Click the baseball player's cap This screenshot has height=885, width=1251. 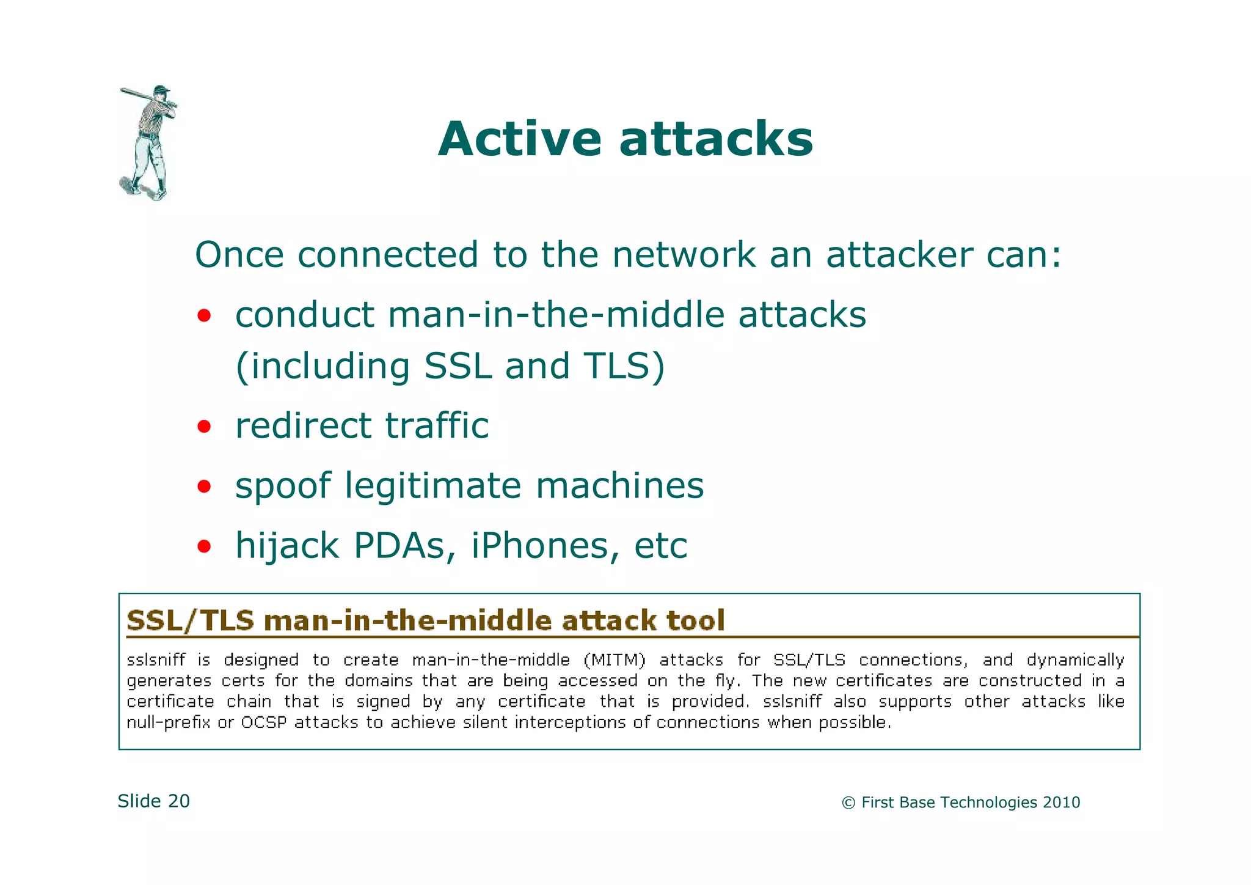(x=161, y=89)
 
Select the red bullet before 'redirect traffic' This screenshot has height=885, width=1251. (x=204, y=427)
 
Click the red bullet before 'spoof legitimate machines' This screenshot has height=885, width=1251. (x=204, y=487)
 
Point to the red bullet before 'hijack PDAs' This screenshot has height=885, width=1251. (x=204, y=546)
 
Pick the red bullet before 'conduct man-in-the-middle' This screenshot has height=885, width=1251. (x=204, y=317)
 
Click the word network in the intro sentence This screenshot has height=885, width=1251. (x=684, y=255)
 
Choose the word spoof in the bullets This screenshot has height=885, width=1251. (x=283, y=487)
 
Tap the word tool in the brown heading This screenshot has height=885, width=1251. (x=695, y=620)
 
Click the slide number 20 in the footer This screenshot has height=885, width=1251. (x=178, y=801)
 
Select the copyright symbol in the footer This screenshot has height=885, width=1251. (x=848, y=803)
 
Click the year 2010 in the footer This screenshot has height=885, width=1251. (x=1061, y=802)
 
